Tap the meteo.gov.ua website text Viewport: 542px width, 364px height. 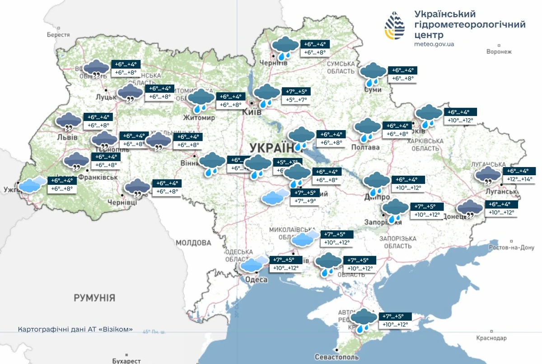(x=434, y=44)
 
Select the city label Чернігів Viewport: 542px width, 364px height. (x=274, y=63)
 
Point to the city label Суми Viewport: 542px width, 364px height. (x=373, y=90)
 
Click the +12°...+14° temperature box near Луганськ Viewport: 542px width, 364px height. (x=519, y=179)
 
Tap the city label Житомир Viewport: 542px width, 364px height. (x=198, y=118)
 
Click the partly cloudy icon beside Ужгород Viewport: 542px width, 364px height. (x=33, y=185)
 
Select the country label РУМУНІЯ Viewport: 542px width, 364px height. (x=94, y=298)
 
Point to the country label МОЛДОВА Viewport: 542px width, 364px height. (x=193, y=243)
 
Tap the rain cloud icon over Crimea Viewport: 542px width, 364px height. (x=364, y=320)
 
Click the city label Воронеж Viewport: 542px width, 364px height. (x=499, y=51)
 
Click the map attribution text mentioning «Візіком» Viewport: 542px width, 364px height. (x=75, y=329)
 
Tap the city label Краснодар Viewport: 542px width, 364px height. (x=491, y=338)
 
